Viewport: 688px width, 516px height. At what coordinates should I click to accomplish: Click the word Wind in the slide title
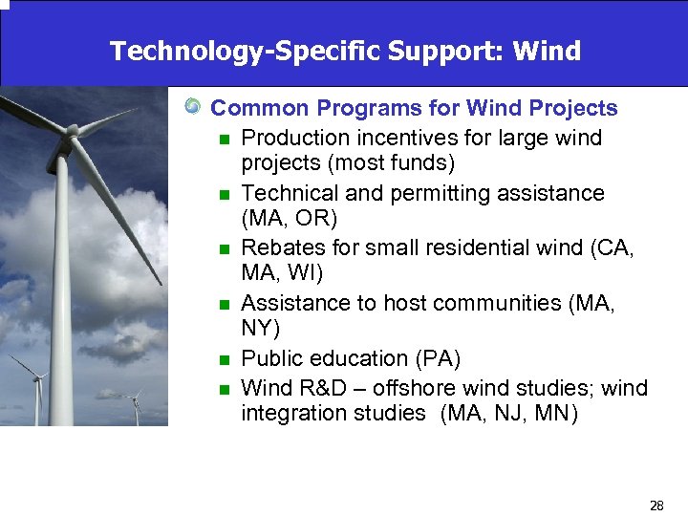[x=546, y=51]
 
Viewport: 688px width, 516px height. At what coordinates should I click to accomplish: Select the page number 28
[x=656, y=505]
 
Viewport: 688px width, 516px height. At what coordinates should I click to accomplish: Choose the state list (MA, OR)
[x=290, y=219]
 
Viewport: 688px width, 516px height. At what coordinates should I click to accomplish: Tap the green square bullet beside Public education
[x=224, y=360]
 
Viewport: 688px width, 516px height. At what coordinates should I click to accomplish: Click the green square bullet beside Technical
[x=224, y=195]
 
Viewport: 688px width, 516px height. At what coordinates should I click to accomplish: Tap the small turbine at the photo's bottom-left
[x=38, y=379]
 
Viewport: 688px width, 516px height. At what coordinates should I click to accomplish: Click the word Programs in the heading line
[x=390, y=109]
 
